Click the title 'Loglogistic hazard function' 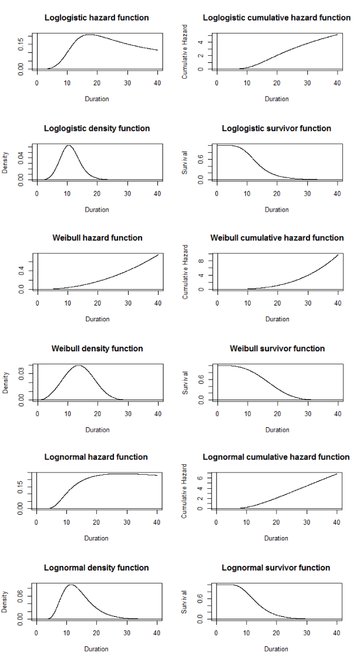click(97, 18)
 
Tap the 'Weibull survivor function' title click(277, 348)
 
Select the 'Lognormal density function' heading click(96, 568)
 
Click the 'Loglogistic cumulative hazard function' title click(277, 18)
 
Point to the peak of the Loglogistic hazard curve click(89, 35)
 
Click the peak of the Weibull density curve click(79, 365)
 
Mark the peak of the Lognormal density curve click(71, 585)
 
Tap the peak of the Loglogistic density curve click(68, 145)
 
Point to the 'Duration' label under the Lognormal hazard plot click(96, 538)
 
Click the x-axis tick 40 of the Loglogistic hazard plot click(157, 83)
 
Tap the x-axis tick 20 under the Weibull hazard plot click(98, 303)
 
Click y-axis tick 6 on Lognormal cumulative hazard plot click(201, 478)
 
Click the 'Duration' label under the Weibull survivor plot click(277, 430)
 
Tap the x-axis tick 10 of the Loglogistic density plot click(67, 194)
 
